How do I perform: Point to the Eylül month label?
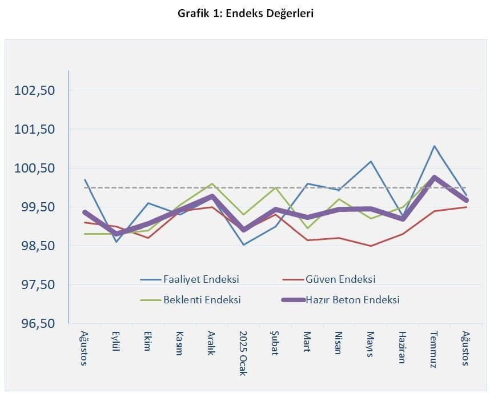tap(116, 342)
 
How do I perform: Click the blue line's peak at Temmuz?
tap(434, 146)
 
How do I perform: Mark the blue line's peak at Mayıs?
tap(371, 162)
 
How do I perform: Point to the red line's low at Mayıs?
tap(371, 246)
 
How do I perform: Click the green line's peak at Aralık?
tap(212, 184)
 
